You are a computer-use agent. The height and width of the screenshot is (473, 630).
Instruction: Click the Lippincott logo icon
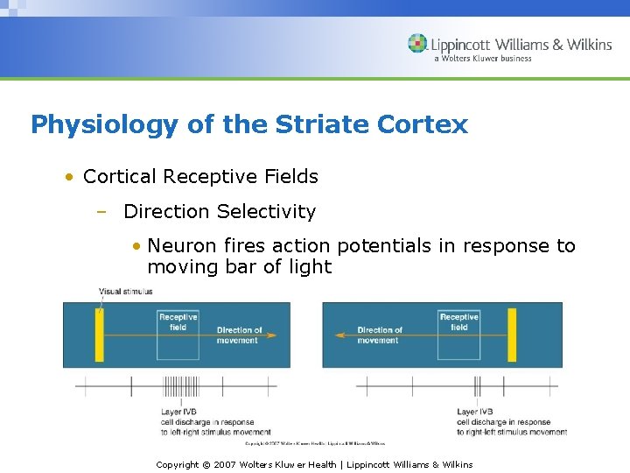418,44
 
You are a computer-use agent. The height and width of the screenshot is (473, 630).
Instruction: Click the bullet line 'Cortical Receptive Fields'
200,176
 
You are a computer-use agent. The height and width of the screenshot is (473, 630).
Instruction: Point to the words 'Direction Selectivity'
220,211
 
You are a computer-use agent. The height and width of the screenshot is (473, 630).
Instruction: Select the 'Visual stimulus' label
125,292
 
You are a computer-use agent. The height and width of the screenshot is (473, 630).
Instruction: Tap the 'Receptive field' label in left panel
178,321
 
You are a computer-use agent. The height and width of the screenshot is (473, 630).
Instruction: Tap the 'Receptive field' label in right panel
458,321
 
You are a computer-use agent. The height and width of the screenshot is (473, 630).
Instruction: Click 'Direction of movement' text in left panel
238,335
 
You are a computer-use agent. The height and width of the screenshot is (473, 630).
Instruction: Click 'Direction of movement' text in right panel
379,335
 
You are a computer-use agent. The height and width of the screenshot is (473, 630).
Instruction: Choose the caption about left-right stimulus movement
215,422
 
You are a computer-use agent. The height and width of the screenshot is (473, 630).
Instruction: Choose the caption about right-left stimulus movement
511,422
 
